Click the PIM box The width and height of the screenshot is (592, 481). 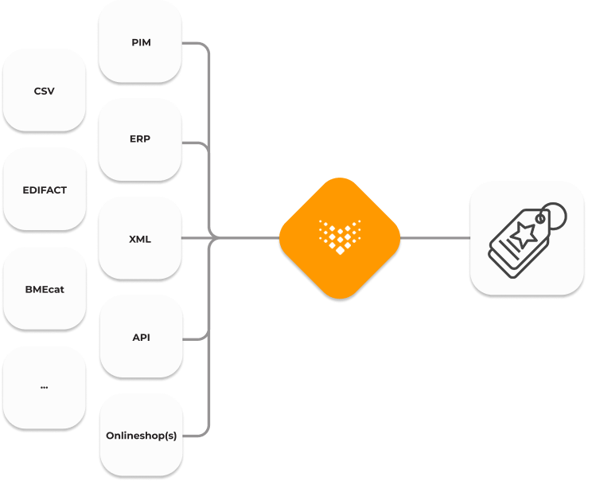coord(140,41)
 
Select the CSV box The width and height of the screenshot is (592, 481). coord(45,91)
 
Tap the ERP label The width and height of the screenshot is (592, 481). coord(140,139)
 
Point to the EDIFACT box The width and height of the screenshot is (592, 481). coord(45,190)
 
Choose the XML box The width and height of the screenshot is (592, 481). coord(140,238)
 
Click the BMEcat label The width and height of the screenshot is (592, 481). coord(45,289)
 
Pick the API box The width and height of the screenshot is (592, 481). coord(141,337)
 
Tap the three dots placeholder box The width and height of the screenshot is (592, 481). coord(45,388)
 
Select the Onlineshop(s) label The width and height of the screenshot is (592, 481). coord(141,436)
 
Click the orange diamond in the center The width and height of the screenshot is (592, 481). coord(340,238)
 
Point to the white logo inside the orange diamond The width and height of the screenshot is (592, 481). coord(340,237)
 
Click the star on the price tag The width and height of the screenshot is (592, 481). coord(524,234)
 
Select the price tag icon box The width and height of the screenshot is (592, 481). coord(527,238)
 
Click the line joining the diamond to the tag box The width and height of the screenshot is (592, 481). coord(435,238)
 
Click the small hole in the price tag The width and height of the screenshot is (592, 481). coord(540,219)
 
